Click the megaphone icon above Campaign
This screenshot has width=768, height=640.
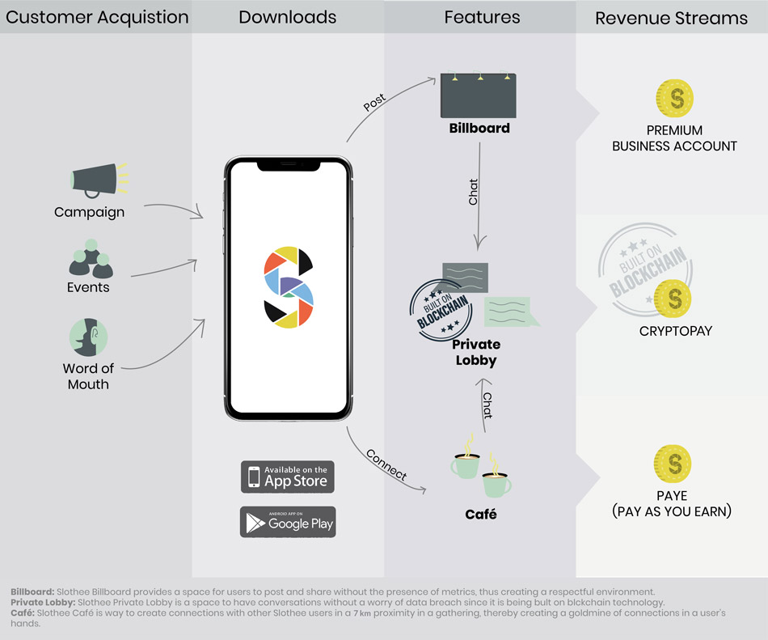pyautogui.click(x=99, y=180)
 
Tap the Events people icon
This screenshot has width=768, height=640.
pyautogui.click(x=91, y=259)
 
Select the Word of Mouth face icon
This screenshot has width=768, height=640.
pyautogui.click(x=88, y=337)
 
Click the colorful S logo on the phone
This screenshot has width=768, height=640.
pyautogui.click(x=289, y=287)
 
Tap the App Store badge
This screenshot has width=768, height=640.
pyautogui.click(x=288, y=477)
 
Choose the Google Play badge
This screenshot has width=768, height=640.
pyautogui.click(x=288, y=522)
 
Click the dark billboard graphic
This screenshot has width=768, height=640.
pyautogui.click(x=478, y=95)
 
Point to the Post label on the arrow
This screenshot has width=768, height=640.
pyautogui.click(x=374, y=102)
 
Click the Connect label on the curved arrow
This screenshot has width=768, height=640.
pyautogui.click(x=386, y=464)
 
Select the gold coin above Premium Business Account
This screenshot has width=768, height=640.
pyautogui.click(x=674, y=98)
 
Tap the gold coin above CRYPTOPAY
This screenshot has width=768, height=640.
pyautogui.click(x=673, y=299)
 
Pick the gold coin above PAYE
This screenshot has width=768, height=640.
pyautogui.click(x=673, y=464)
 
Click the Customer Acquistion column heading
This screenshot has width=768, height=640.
pyautogui.click(x=97, y=17)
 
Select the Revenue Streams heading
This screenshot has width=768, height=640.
pyautogui.click(x=671, y=18)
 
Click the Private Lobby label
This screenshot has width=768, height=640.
pyautogui.click(x=476, y=352)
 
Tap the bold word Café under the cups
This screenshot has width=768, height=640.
pyautogui.click(x=481, y=514)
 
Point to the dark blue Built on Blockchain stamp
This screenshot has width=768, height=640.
pyautogui.click(x=441, y=310)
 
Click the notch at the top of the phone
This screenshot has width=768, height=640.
pyautogui.click(x=289, y=166)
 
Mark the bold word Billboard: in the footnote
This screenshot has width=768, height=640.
pyautogui.click(x=32, y=591)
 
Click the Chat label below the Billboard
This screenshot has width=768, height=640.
pyautogui.click(x=473, y=192)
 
